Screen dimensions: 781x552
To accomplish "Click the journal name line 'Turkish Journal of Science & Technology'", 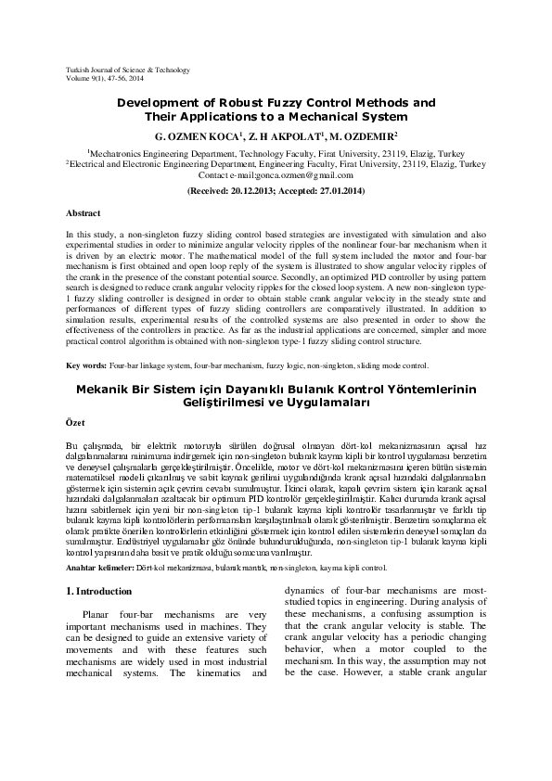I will [123, 70].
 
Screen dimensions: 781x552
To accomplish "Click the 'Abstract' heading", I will [83, 212].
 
